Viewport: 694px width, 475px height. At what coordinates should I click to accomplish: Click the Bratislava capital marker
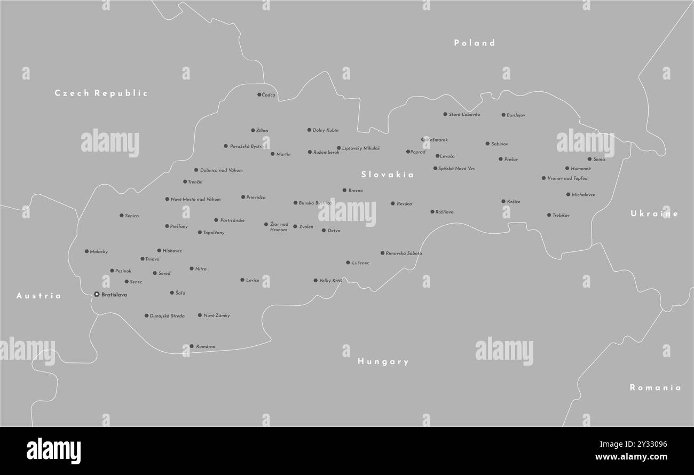97,294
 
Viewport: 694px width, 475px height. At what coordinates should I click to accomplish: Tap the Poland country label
475,43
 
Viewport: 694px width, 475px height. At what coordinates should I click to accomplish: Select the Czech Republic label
101,93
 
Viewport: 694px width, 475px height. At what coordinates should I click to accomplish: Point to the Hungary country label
383,361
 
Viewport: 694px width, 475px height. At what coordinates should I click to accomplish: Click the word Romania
655,387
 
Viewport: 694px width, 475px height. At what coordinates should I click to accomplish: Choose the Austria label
38,296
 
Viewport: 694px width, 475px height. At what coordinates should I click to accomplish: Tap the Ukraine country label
654,213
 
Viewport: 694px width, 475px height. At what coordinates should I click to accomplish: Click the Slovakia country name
387,175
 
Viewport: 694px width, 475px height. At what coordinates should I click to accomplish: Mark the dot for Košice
503,201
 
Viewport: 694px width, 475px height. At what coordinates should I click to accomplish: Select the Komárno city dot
192,346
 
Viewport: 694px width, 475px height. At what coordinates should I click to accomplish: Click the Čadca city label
269,95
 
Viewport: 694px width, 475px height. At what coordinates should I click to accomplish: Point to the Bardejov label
516,115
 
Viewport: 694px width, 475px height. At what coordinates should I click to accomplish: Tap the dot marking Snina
589,159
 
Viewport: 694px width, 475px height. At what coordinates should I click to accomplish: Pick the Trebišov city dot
548,215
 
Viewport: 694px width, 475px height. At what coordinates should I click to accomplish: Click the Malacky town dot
86,251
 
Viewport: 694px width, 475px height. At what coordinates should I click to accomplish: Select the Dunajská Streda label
167,316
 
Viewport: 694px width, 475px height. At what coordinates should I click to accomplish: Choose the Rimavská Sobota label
404,254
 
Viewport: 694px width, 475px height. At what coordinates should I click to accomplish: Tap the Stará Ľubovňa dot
445,114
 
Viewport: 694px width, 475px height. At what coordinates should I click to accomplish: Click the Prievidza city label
256,197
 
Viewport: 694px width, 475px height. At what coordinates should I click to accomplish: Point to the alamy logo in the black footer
53,451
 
